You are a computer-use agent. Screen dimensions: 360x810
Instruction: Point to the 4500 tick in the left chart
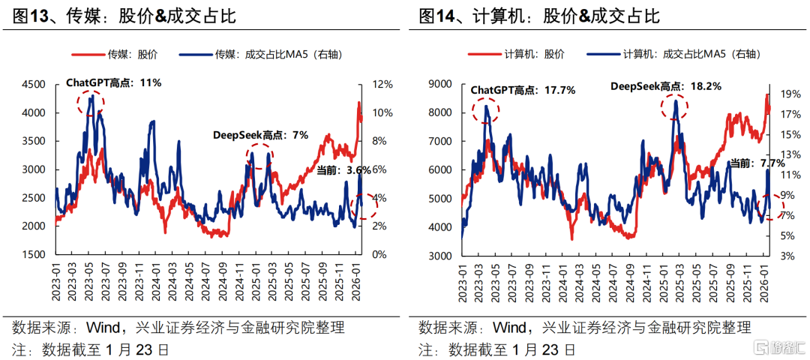(x=31, y=85)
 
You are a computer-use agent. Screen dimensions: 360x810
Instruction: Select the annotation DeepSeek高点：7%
(x=260, y=135)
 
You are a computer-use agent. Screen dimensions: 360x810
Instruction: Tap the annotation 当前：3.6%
(x=343, y=170)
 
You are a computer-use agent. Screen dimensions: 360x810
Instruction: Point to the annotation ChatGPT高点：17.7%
(x=523, y=90)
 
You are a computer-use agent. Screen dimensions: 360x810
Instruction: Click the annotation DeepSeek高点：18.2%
(x=665, y=86)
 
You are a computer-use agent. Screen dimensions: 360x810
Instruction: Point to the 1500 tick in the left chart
(x=31, y=255)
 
